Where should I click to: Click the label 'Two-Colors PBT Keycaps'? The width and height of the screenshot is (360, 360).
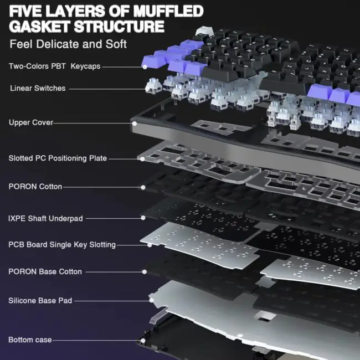55,66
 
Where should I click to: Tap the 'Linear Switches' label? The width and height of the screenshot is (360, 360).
38,88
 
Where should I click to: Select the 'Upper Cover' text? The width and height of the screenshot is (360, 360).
31,122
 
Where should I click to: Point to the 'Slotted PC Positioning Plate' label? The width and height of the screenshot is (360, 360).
58,158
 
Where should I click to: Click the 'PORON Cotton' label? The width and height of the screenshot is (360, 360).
35,187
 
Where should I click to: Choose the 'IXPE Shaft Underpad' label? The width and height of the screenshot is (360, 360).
45,218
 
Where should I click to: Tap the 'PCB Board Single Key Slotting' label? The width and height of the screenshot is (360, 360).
62,245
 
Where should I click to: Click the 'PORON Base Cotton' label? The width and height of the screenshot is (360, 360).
45,271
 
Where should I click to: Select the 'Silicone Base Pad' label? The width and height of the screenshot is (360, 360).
40,301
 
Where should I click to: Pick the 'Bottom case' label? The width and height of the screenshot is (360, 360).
30,340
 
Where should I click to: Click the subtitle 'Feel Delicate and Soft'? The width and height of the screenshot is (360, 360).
68,44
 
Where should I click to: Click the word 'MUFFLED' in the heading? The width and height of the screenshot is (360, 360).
168,11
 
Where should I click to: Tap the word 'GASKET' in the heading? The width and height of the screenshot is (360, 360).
39,27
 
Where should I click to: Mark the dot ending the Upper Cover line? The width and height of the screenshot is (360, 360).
135,124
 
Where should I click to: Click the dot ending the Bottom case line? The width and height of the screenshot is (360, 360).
143,341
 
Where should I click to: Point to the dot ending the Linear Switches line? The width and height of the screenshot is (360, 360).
147,89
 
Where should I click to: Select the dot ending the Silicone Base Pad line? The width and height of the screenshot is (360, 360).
151,300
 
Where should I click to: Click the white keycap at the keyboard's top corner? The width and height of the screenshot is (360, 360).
204,31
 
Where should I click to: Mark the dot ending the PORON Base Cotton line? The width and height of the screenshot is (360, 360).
145,272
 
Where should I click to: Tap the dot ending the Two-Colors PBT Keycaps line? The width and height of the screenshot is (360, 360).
145,67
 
